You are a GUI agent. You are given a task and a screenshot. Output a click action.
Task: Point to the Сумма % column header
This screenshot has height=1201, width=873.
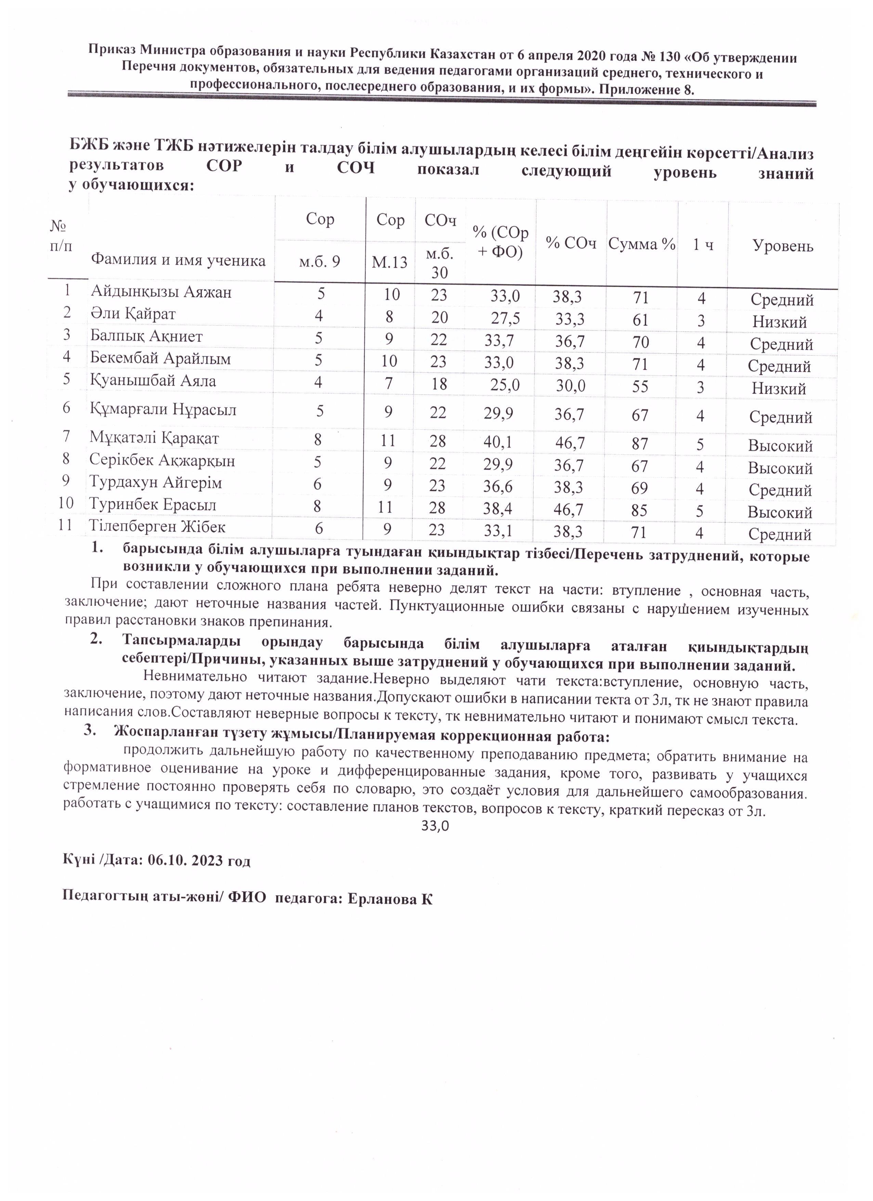tap(642, 244)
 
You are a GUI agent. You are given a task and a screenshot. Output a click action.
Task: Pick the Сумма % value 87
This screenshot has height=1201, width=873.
tap(640, 444)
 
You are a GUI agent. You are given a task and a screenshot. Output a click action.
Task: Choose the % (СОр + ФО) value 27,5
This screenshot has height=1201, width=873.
tap(505, 318)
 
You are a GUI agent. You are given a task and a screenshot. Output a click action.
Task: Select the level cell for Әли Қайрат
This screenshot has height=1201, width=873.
tap(779, 322)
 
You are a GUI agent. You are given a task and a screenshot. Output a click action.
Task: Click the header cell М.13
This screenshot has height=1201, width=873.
tap(390, 262)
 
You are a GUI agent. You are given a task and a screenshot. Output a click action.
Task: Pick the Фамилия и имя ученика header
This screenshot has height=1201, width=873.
tap(179, 260)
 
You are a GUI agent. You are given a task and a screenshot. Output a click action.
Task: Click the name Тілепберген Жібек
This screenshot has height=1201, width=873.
tap(157, 527)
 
